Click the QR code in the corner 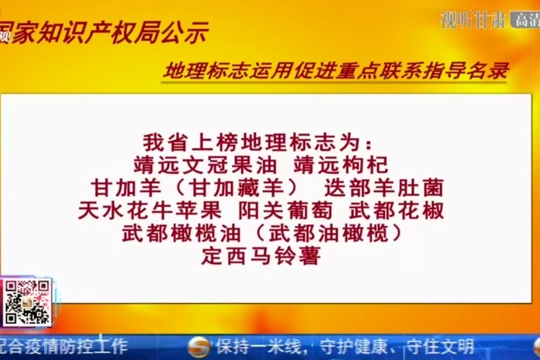point(27,302)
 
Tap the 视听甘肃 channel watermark point(472,20)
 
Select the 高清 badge point(526,20)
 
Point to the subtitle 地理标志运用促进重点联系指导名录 point(337,71)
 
